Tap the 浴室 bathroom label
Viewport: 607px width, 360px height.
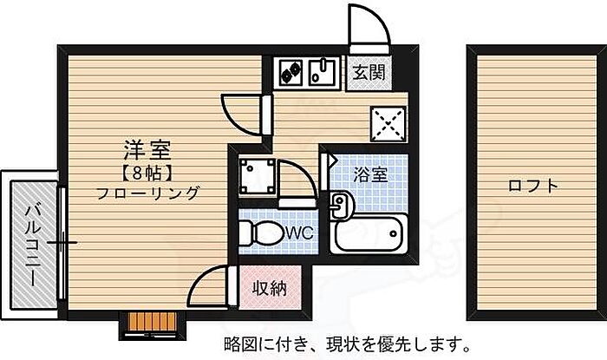tap(369, 173)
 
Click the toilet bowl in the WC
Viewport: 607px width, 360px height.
tap(261, 232)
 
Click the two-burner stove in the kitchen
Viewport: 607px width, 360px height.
tap(290, 70)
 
